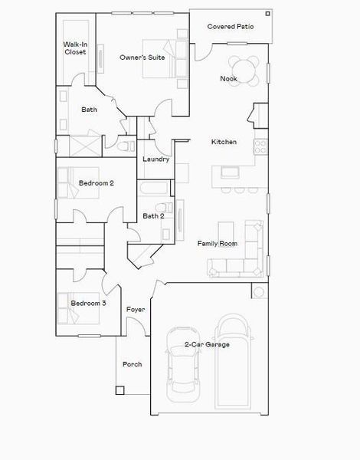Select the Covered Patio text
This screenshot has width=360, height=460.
tap(231, 27)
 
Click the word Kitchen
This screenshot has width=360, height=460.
tap(224, 142)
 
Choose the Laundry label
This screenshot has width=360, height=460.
tap(155, 159)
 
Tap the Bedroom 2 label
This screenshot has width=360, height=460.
tap(97, 183)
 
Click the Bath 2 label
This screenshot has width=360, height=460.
tap(153, 216)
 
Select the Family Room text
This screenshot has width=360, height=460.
tap(217, 244)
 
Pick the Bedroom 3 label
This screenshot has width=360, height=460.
tap(88, 304)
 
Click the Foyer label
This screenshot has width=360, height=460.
tap(136, 309)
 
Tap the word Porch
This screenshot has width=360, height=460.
tap(132, 364)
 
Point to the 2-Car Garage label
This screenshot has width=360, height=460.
tap(207, 345)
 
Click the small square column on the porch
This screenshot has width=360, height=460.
tap(120, 390)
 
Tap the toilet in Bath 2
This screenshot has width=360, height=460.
tap(161, 209)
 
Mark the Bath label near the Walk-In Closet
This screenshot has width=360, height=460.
tap(90, 110)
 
